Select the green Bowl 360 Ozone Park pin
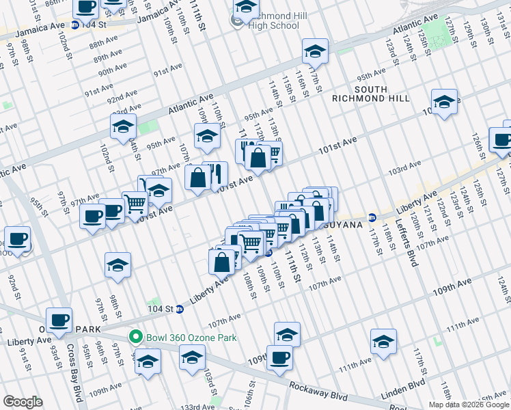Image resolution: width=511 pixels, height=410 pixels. (135, 336)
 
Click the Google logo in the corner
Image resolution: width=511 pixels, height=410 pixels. (23, 402)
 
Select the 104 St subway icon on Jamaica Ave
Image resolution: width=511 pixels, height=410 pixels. (74, 25)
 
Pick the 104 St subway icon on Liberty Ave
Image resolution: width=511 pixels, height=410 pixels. (180, 309)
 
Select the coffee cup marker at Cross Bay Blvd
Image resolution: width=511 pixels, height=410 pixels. (59, 319)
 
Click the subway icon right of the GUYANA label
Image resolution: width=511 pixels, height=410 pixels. (372, 218)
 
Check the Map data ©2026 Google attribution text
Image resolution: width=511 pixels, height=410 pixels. (468, 405)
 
